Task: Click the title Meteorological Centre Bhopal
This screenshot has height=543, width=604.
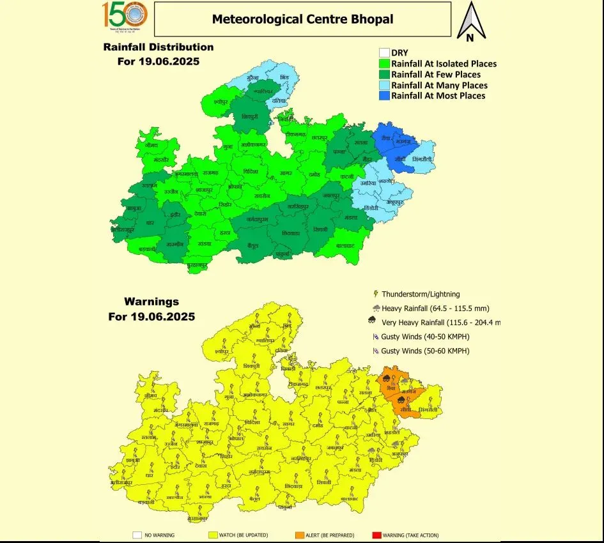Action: (x=302, y=19)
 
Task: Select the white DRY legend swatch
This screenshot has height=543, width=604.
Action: (x=384, y=53)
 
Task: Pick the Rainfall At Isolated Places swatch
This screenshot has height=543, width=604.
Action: (x=384, y=64)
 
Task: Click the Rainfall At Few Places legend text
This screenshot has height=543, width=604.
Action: (x=436, y=75)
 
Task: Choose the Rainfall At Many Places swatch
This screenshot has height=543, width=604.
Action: (x=384, y=86)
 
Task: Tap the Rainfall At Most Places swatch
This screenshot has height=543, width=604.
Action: (x=384, y=96)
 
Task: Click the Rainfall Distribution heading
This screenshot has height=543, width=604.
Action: (x=159, y=47)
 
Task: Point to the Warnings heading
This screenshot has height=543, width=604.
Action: (x=151, y=302)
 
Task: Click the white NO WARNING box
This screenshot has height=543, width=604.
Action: (x=137, y=535)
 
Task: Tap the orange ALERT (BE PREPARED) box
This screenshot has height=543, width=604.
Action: (x=298, y=535)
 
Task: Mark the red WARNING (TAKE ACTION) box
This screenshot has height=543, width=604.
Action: (x=376, y=535)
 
